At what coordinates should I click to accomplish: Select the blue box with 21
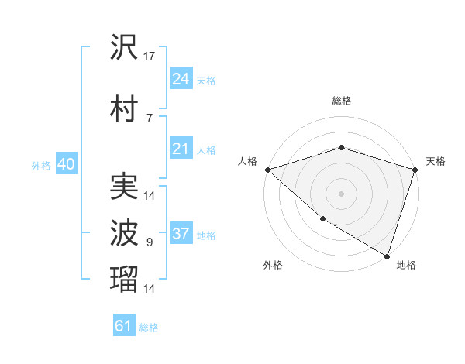[x=181, y=148]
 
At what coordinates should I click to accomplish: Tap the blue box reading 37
[x=181, y=234]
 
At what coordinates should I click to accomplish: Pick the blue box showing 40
[x=66, y=164]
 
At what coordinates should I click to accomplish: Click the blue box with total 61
[x=124, y=326]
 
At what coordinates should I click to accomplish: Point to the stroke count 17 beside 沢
[x=150, y=57]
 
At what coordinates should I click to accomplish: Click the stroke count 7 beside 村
[x=150, y=117]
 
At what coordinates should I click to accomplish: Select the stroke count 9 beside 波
[x=150, y=242]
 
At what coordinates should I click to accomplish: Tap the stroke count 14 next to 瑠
[x=150, y=289]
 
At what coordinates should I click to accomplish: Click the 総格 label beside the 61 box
[x=149, y=328]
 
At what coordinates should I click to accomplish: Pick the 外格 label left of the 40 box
[x=40, y=165]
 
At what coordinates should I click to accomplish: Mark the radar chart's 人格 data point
[x=267, y=170]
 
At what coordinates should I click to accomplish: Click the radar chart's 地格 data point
[x=387, y=256]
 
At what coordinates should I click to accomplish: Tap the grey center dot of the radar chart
[x=341, y=193]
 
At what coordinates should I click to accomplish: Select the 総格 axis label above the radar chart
[x=341, y=101]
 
